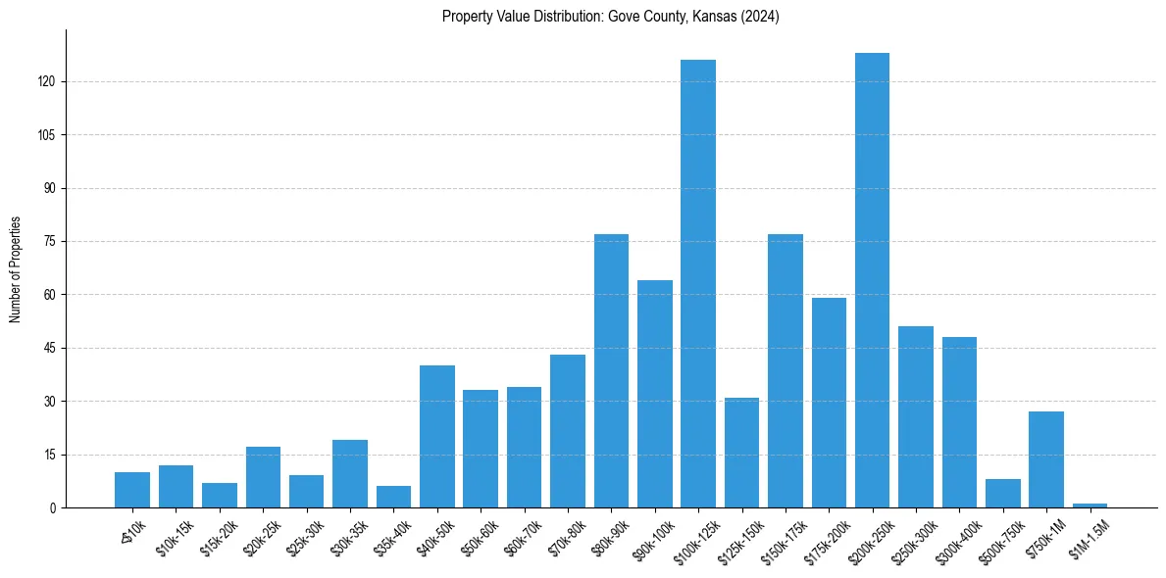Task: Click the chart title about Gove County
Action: (610, 16)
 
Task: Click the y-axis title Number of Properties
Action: (16, 269)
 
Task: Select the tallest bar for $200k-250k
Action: (872, 280)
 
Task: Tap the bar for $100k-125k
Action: (698, 284)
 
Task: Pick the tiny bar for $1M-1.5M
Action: (1090, 506)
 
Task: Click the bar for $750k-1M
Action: (1046, 459)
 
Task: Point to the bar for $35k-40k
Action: (393, 497)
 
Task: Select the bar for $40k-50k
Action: (437, 436)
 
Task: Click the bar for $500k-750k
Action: (1002, 493)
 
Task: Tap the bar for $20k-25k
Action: (263, 477)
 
